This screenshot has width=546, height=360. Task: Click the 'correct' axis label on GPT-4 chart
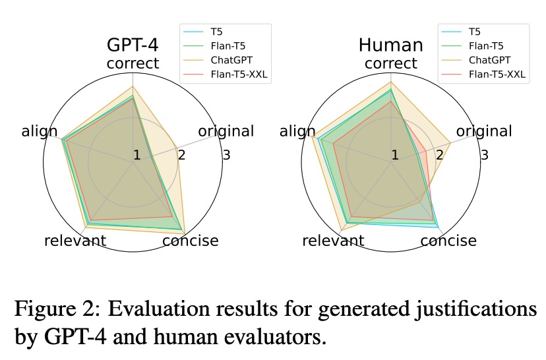133,63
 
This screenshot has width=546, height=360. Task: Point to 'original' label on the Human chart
483,131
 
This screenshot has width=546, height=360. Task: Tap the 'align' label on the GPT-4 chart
40,131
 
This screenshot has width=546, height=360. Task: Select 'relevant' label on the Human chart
333,241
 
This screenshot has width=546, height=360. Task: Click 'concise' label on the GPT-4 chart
191,241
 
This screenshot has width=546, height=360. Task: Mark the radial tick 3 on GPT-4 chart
226,156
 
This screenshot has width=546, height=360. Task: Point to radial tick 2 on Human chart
439,156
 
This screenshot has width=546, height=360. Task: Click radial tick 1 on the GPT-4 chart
136,156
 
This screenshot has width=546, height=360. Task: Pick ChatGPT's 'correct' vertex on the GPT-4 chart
133,86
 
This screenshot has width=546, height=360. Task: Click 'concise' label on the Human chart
448,241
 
